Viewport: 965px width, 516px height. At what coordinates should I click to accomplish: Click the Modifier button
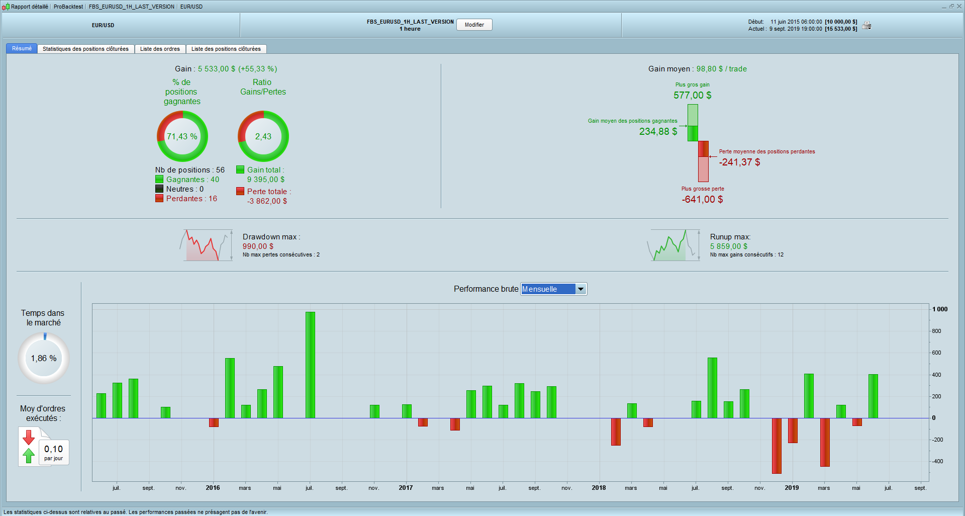(x=474, y=25)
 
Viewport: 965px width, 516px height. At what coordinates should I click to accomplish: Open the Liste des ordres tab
(x=160, y=49)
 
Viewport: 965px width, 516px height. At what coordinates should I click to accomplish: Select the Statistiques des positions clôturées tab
(x=85, y=49)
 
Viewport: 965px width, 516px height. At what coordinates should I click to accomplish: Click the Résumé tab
(x=22, y=48)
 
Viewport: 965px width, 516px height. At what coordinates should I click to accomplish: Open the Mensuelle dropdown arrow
(x=581, y=289)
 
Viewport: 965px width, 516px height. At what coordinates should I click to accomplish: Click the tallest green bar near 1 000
(x=310, y=365)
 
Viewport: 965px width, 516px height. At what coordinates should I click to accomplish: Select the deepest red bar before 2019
(x=777, y=446)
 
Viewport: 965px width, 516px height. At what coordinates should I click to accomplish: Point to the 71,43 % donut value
(x=182, y=136)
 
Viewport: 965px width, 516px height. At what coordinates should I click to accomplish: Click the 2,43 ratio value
(x=263, y=136)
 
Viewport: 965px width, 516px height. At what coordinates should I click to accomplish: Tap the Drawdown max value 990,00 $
(x=258, y=246)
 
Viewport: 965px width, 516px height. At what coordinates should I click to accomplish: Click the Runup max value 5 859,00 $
(x=728, y=246)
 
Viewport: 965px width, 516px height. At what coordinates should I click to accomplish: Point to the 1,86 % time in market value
(x=44, y=358)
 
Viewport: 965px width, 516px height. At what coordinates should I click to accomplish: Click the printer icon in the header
(x=866, y=25)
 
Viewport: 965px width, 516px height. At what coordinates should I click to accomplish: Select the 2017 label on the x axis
(x=406, y=488)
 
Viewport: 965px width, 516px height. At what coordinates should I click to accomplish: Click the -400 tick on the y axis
(x=937, y=461)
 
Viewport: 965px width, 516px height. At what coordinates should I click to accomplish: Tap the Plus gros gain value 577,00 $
(x=692, y=95)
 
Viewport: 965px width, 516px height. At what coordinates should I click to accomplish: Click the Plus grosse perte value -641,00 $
(x=702, y=199)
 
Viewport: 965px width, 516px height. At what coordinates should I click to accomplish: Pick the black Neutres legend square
(x=159, y=189)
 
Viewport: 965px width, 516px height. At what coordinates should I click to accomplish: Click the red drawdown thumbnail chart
(x=206, y=245)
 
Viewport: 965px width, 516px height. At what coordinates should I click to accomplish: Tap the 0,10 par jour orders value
(x=53, y=449)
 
